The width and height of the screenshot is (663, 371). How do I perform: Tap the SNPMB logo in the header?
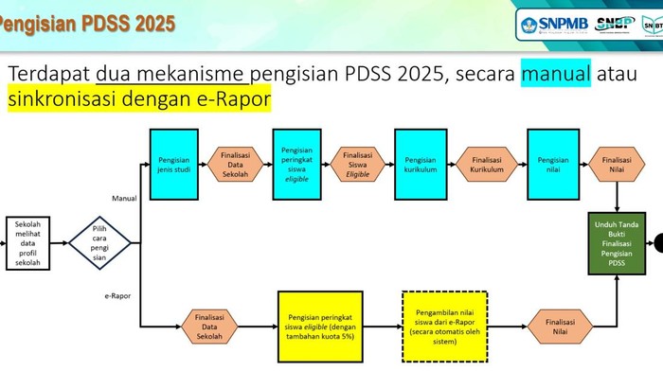(555, 25)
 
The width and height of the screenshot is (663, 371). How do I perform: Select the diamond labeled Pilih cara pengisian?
(99, 242)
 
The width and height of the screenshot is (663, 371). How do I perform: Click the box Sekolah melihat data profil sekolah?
(27, 242)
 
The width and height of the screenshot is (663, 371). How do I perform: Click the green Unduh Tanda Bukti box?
(618, 242)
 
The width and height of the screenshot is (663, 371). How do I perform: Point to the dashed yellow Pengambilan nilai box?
(443, 327)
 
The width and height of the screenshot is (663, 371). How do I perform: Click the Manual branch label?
(123, 199)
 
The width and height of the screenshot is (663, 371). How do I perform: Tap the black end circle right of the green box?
(658, 242)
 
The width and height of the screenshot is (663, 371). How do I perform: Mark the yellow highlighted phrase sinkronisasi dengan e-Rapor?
(139, 98)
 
